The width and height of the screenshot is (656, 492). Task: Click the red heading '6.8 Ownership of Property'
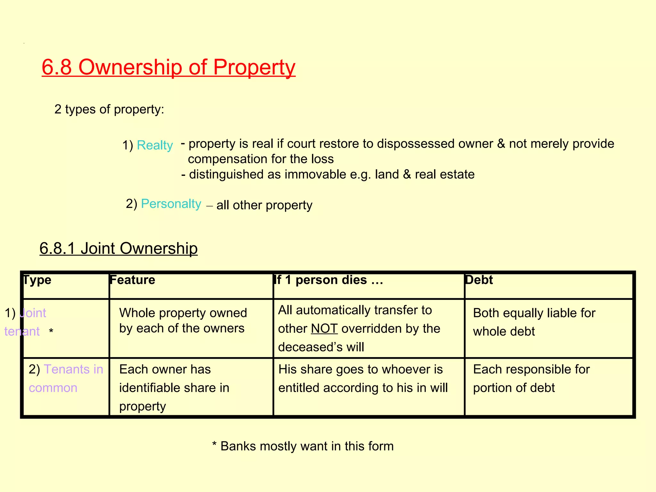(168, 67)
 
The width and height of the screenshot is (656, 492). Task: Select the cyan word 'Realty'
(155, 145)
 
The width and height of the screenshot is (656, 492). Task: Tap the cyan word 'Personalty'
(171, 204)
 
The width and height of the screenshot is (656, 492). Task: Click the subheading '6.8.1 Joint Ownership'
(119, 248)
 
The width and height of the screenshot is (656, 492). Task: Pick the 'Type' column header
(37, 280)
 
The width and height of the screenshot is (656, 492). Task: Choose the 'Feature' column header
(132, 280)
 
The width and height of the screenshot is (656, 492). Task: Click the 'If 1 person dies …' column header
(329, 280)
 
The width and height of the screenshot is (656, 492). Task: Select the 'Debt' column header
(479, 280)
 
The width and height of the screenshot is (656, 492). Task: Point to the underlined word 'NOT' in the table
(324, 329)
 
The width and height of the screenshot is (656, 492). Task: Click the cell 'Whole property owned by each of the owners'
(183, 321)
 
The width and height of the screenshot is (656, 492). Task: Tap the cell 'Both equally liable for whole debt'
(534, 322)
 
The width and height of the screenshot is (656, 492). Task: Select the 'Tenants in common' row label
(66, 378)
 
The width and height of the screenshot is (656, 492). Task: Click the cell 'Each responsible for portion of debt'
(531, 378)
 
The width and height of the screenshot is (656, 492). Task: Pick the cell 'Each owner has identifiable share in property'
(174, 388)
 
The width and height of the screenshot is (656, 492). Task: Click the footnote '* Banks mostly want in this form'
(303, 446)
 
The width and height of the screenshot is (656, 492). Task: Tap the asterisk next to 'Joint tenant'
(51, 331)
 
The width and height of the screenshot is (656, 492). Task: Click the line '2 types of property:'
(109, 109)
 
